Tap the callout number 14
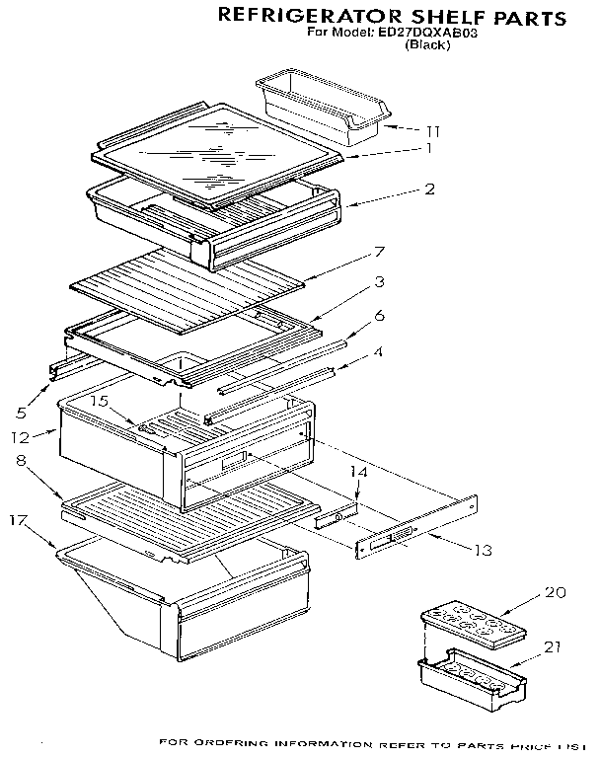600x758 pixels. tap(359, 474)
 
